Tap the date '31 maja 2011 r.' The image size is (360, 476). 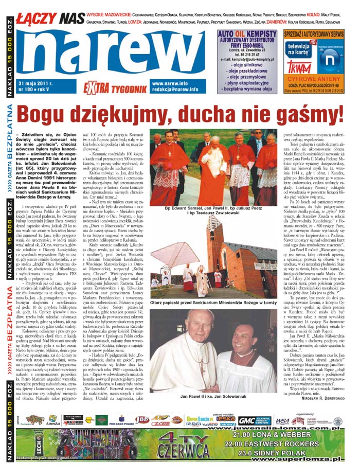pyautogui.click(x=38, y=83)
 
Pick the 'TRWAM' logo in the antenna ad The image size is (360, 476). pyautogui.click(x=295, y=68)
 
